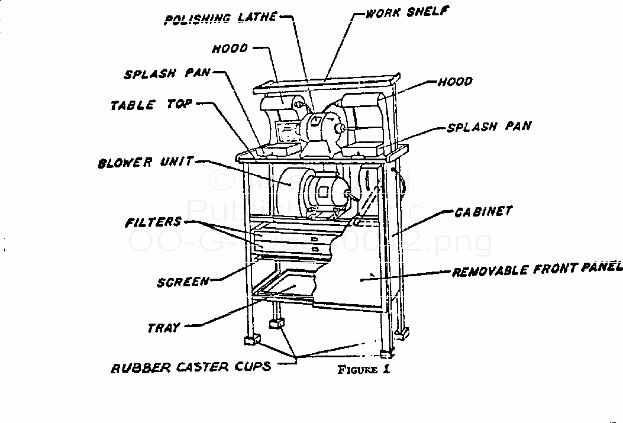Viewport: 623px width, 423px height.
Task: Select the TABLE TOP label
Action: pyautogui.click(x=151, y=105)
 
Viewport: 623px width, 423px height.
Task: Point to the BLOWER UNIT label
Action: pyautogui.click(x=146, y=162)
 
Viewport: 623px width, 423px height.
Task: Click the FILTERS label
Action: pyautogui.click(x=153, y=222)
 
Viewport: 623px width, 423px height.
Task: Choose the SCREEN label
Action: pyautogui.click(x=183, y=282)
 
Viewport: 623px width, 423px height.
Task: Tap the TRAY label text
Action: pyautogui.click(x=164, y=327)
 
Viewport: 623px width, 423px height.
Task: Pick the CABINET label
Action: pyautogui.click(x=483, y=211)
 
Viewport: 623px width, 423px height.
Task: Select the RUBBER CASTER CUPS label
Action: pyautogui.click(x=192, y=366)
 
